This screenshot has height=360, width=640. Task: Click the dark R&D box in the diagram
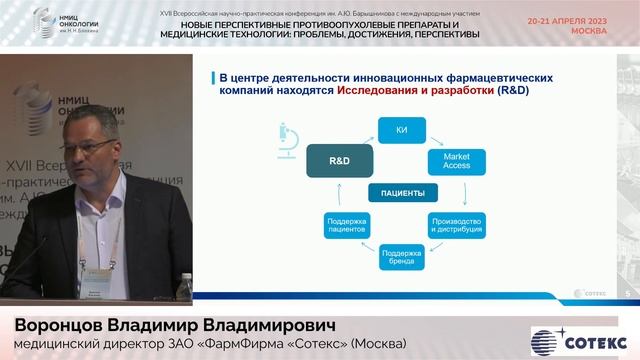339,160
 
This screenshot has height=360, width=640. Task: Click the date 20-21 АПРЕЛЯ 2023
567,21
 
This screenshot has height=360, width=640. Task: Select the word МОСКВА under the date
589,31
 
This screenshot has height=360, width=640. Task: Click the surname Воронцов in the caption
63,301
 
